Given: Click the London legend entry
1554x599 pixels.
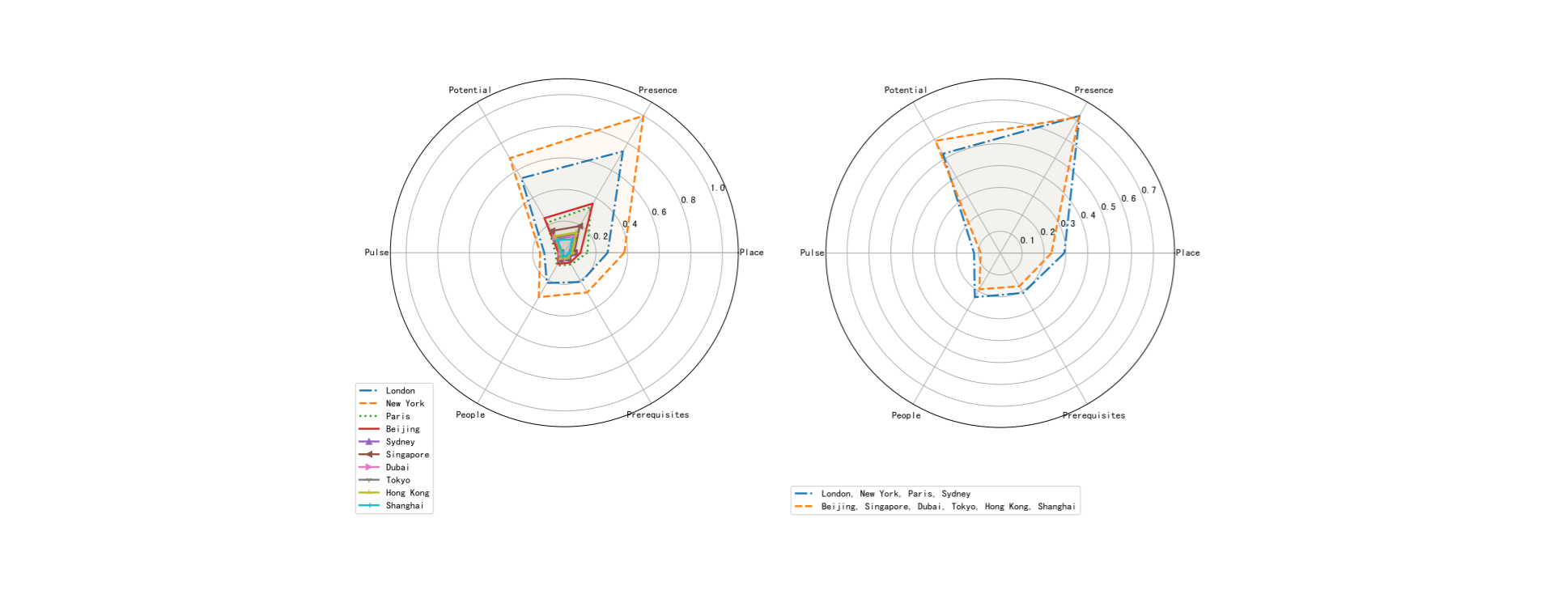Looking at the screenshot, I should tap(400, 391).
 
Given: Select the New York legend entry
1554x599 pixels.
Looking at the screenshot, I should tap(405, 404).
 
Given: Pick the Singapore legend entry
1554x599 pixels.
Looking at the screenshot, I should tap(407, 455).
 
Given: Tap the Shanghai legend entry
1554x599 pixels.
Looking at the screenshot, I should tap(404, 506).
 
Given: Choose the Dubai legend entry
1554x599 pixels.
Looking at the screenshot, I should tap(397, 468).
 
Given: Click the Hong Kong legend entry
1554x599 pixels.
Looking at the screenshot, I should tap(407, 493).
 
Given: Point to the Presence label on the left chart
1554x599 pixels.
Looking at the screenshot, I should tap(657, 91).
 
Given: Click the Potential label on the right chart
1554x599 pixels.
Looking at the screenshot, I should tap(905, 91).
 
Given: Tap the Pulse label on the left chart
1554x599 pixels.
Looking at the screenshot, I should tap(376, 253).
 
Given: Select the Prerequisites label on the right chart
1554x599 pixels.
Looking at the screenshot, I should tap(1093, 416).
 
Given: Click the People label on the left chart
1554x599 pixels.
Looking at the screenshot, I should tap(470, 415).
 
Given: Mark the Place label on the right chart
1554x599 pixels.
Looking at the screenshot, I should tap(1187, 253).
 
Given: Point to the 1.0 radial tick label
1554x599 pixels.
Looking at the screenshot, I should tap(718, 189).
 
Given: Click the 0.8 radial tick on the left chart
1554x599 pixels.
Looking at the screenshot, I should tap(688, 200).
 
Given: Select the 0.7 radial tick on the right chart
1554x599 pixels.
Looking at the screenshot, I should tap(1149, 191).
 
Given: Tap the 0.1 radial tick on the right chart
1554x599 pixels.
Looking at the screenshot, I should tap(1027, 240).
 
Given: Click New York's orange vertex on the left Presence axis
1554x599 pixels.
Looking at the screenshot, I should tap(643, 117).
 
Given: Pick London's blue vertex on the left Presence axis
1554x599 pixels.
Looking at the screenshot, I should tap(622, 151).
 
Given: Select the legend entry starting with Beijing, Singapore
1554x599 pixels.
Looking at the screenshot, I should tap(948, 507).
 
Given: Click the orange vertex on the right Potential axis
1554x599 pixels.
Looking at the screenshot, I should tap(936, 142).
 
